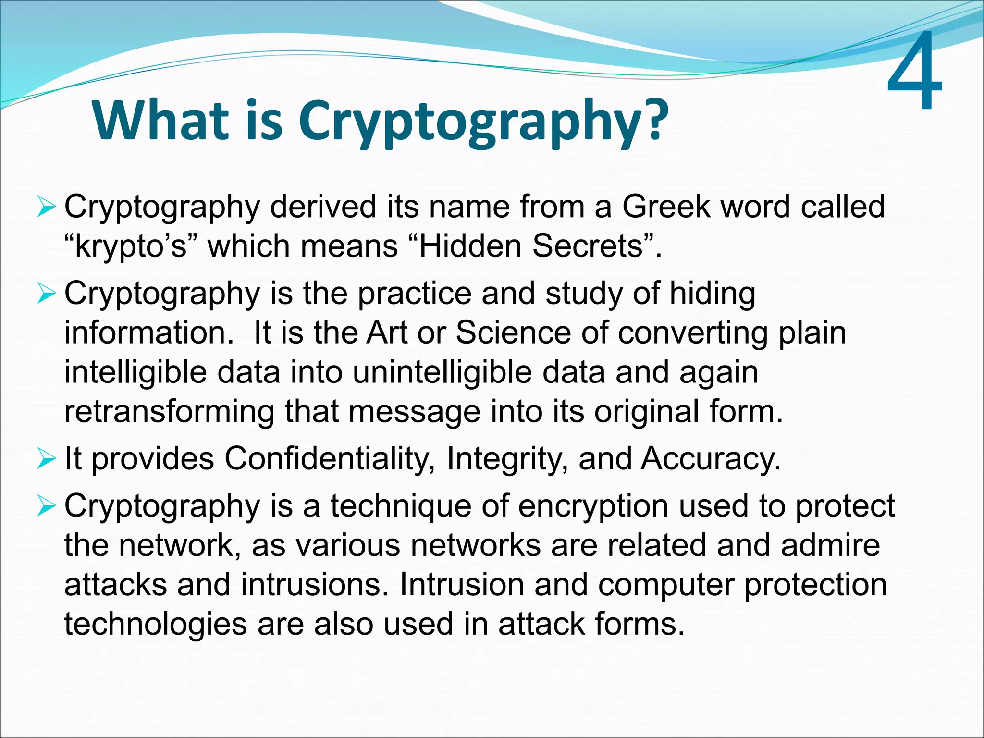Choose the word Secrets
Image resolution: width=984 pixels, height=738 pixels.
click(594, 246)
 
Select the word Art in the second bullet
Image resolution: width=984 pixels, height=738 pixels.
click(386, 332)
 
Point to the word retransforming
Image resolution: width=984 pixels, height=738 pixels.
click(169, 412)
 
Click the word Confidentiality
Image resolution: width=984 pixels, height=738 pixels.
click(330, 458)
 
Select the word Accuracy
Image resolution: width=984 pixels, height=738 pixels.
click(710, 458)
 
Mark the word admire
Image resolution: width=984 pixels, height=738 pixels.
click(830, 545)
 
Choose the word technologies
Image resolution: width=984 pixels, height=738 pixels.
click(155, 625)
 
